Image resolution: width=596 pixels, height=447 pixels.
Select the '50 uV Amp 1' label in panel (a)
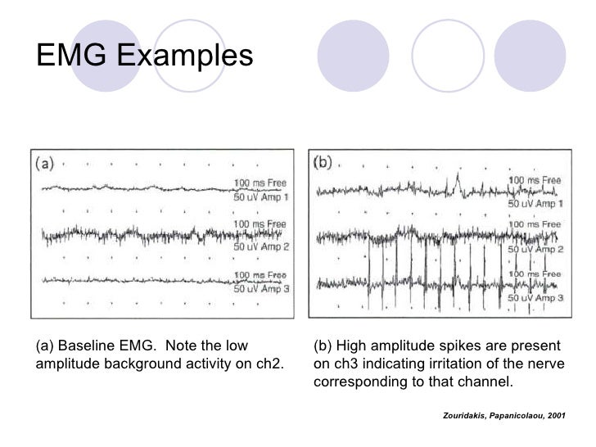point(261,198)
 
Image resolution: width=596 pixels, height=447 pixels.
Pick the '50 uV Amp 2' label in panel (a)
point(261,246)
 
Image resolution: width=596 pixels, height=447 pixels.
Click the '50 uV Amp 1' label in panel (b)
point(536,202)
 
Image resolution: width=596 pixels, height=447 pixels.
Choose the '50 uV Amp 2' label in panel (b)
point(536,247)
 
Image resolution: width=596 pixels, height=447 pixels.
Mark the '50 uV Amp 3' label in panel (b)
point(536,298)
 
